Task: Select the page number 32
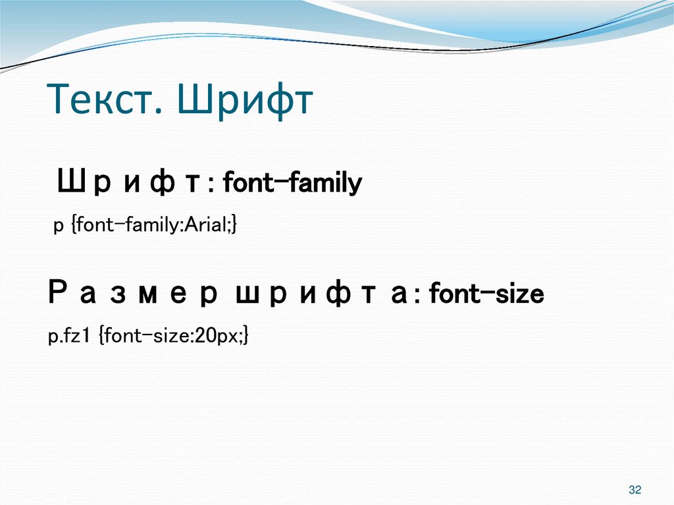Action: click(x=635, y=490)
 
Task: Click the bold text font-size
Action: click(x=486, y=294)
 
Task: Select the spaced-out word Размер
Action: click(x=136, y=294)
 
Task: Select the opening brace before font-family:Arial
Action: click(x=74, y=226)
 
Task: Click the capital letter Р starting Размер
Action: click(x=57, y=294)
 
